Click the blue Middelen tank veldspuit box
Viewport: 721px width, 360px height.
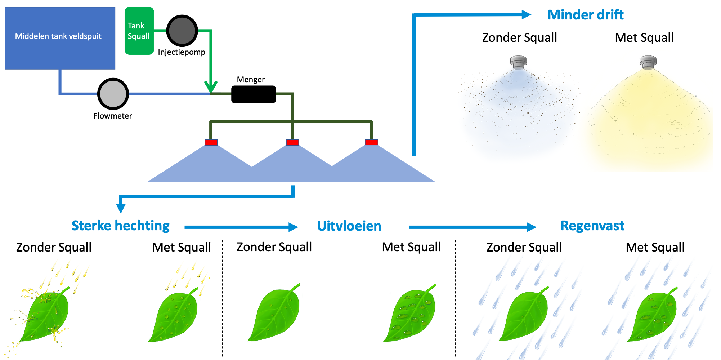[60, 38]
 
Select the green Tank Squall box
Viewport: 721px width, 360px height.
[139, 31]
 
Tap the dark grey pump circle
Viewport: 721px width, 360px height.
[182, 31]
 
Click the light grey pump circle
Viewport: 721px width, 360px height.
[113, 94]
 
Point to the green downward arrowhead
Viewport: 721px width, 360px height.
[211, 86]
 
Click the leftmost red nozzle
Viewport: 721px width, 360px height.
[211, 142]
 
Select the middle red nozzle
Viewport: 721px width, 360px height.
[292, 142]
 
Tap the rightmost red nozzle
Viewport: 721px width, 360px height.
[371, 142]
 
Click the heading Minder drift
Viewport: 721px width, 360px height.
[585, 15]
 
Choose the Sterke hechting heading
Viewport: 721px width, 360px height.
[121, 226]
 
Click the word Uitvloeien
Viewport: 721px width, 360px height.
[349, 226]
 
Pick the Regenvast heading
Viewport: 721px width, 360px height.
[592, 226]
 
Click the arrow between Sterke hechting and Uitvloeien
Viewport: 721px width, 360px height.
[241, 227]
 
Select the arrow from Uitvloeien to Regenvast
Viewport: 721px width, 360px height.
[473, 227]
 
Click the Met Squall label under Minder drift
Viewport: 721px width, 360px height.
[644, 37]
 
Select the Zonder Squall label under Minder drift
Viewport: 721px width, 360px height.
[519, 37]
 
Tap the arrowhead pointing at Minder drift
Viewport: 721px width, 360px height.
[527, 15]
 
